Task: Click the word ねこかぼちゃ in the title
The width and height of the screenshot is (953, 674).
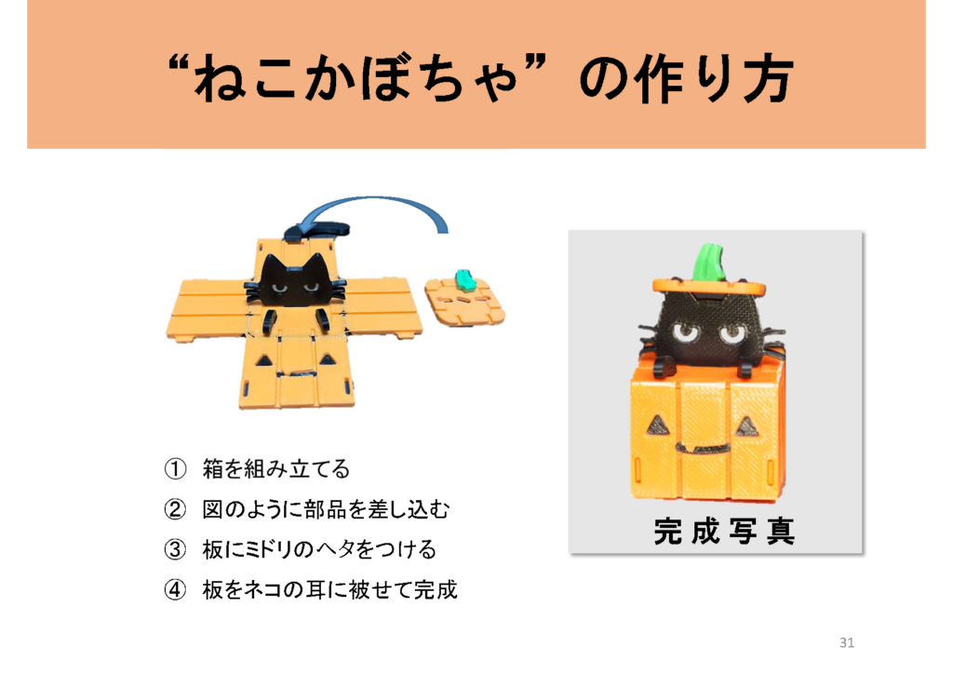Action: click(356, 78)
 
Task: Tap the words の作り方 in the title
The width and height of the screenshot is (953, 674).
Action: click(686, 78)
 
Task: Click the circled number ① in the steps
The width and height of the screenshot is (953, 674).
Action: click(175, 469)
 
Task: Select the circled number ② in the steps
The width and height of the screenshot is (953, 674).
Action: click(175, 509)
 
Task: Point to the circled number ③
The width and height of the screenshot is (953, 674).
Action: click(175, 549)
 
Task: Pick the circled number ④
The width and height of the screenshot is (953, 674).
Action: click(175, 589)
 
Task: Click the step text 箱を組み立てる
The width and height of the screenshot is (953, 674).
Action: click(275, 469)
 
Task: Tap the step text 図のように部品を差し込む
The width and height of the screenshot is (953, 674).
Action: click(326, 509)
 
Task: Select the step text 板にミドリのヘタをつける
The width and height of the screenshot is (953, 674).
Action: click(319, 549)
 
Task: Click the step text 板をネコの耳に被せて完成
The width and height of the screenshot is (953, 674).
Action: click(329, 589)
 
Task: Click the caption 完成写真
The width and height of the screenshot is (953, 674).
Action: click(724, 532)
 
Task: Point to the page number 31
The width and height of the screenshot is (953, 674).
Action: click(847, 642)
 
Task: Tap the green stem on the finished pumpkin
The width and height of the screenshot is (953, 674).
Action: click(710, 262)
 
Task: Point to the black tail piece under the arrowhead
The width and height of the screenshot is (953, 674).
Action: click(316, 230)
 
